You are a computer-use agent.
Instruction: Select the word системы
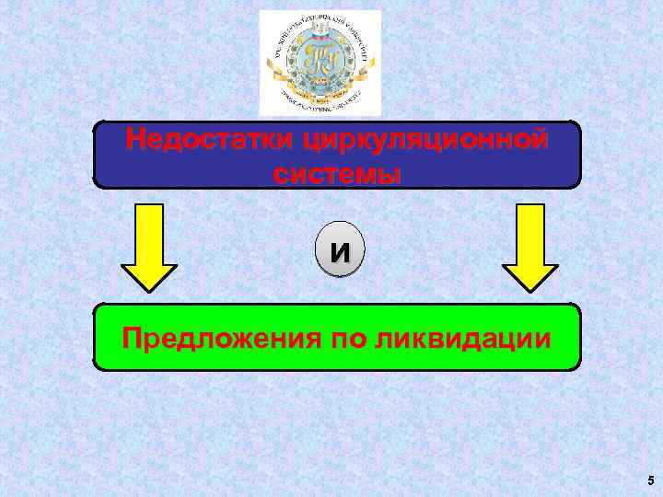(337, 173)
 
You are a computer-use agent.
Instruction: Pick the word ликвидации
(464, 339)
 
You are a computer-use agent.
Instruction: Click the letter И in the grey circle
(339, 251)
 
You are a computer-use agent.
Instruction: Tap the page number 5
(650, 480)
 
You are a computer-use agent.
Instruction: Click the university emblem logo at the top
(320, 62)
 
